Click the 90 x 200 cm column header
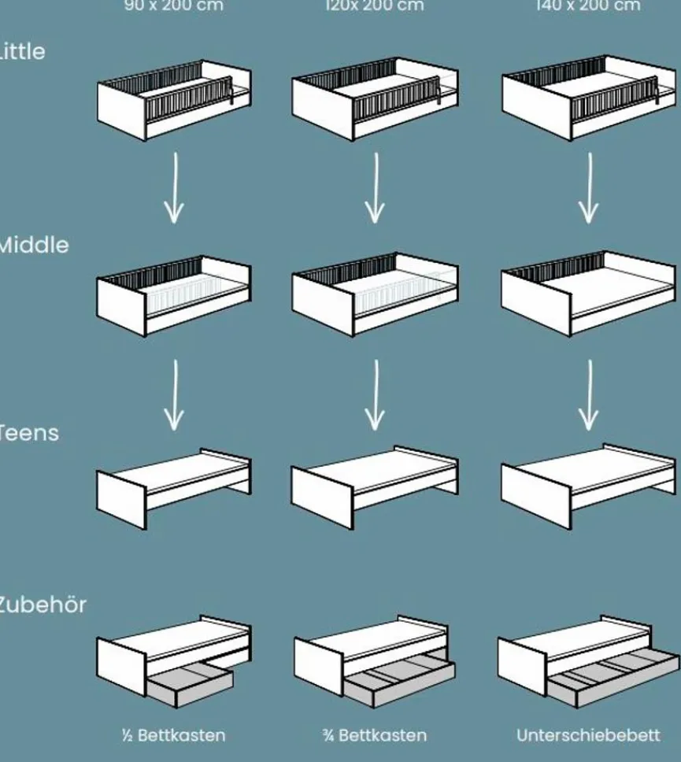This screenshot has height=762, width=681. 173,6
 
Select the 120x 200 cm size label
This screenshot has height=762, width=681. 375,6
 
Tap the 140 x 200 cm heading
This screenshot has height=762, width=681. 587,6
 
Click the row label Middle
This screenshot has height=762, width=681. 33,245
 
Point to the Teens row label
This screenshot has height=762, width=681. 29,432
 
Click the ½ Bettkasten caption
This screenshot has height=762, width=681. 173,735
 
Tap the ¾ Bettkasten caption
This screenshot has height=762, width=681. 375,735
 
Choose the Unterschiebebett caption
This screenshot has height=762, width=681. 587,735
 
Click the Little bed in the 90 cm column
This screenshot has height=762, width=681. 174,100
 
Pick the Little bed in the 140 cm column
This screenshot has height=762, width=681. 587,98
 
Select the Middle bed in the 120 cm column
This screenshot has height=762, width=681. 375,294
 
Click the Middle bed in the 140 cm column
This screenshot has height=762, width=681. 587,294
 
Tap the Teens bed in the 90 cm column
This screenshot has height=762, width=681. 174,486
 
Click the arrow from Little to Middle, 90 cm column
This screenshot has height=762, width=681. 174,188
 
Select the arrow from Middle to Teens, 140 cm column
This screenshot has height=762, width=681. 588,396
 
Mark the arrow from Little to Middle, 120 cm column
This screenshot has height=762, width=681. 376,188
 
